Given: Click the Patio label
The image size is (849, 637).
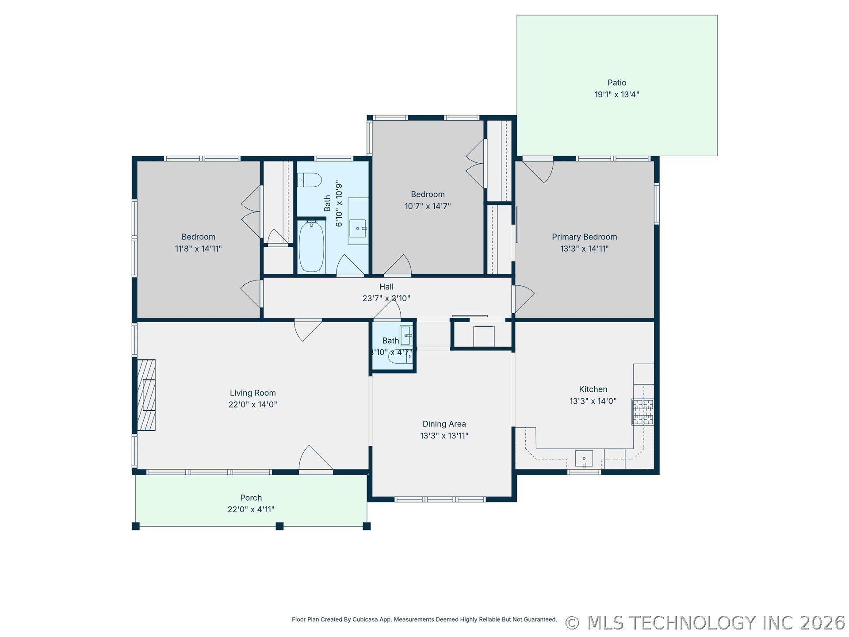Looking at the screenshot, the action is pos(616,83).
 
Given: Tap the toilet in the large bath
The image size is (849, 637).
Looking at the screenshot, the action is pos(309,180).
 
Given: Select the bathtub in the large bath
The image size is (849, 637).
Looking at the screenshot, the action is pos(311,247).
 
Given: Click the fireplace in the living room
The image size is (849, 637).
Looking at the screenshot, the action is pos(146,395).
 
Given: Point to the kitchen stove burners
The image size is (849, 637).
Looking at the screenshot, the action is pos(642,412).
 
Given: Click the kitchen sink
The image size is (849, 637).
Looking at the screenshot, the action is pos(584,459).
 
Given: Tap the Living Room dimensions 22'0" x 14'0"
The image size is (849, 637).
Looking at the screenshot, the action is pos(252,404).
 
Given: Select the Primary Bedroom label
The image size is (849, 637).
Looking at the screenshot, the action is pos(584,237).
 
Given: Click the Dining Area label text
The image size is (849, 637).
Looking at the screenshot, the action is pos(444,424).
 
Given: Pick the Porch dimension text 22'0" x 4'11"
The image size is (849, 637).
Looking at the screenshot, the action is pos(251,510).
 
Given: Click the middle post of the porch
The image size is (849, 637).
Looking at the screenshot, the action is pos(279,526).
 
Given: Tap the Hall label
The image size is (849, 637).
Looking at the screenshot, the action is pos(386,287).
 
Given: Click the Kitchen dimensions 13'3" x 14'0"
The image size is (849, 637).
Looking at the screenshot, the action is pos(593,401).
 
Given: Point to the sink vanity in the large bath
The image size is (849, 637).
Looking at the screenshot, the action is pos(358,221).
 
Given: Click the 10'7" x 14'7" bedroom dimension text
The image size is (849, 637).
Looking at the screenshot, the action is pos(428,206).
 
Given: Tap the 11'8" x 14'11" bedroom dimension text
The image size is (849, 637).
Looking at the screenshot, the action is pos(198,249).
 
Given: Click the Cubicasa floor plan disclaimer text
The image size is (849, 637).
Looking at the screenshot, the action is pos(424,619).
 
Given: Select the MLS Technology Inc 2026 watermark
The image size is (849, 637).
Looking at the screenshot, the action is pos(705,623).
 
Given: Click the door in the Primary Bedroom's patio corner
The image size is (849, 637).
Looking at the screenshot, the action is pos(538,171).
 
